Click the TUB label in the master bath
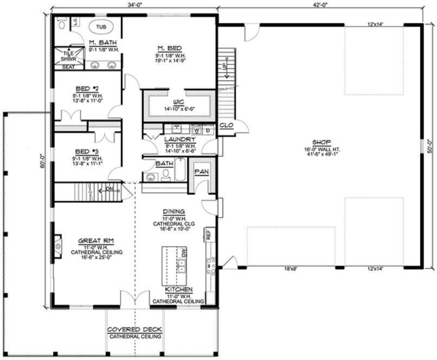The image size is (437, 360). click(101, 26)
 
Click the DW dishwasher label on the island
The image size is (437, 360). click(184, 253)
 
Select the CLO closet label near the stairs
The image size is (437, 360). click(226, 126)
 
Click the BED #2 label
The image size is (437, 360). click(87, 87)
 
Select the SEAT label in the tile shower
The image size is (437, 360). click(69, 67)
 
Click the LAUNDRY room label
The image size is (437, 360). click(176, 139)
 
